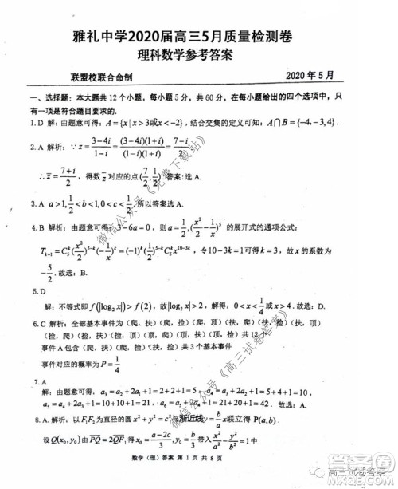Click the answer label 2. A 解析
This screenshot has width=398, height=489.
[x=44, y=147]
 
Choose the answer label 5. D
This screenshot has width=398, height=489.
[x=35, y=291]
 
